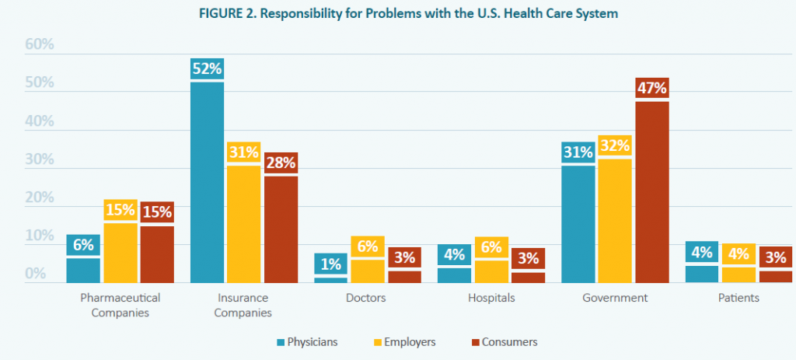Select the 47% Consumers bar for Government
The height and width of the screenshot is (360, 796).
[652, 191]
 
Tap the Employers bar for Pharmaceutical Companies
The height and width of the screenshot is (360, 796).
[120, 253]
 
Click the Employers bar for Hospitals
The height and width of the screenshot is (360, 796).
[492, 271]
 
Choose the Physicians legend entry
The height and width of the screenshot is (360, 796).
[305, 341]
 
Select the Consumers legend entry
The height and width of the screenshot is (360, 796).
[503, 341]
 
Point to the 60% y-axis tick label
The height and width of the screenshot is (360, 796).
[40, 44]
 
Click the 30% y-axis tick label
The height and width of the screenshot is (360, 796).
[40, 159]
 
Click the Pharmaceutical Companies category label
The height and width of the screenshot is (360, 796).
[120, 305]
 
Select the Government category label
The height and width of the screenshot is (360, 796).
[615, 298]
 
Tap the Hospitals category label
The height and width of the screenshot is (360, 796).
[492, 298]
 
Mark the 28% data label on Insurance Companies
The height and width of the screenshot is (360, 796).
[280, 163]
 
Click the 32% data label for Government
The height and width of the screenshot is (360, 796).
[615, 145]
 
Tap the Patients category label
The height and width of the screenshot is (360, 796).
[739, 298]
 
